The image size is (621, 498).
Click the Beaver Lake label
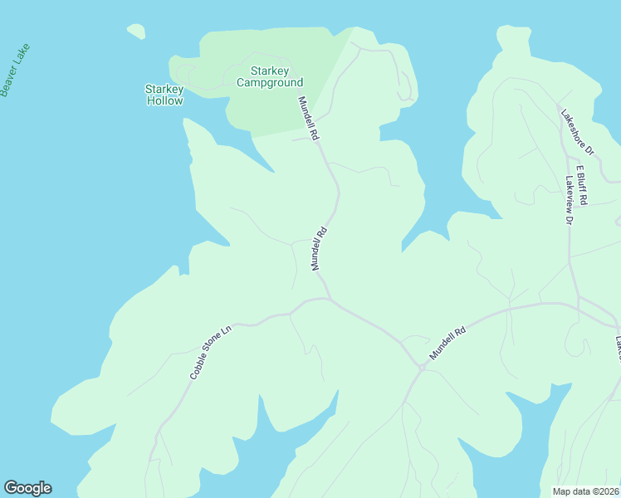(16, 70)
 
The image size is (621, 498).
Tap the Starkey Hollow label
(164, 95)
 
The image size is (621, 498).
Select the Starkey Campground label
(270, 76)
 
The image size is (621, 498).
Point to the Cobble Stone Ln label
(210, 353)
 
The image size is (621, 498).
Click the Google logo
(27, 488)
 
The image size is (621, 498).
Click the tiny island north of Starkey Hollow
(136, 32)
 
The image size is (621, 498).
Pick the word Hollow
(164, 100)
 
